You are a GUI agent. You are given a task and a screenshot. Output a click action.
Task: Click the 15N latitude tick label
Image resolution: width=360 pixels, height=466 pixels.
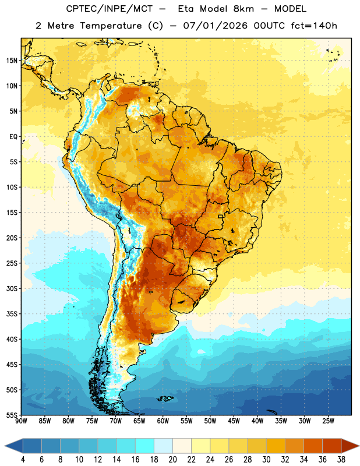[x=12, y=61]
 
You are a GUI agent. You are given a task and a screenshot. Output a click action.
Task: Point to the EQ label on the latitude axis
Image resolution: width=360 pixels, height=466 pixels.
[x=13, y=137]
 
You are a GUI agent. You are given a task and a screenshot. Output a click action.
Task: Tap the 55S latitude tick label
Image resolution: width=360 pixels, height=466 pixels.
[x=12, y=415]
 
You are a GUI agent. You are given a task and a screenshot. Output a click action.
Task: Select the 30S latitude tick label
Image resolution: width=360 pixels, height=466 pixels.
[x=12, y=288]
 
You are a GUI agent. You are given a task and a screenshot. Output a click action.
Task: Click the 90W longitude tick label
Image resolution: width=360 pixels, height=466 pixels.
[x=22, y=421]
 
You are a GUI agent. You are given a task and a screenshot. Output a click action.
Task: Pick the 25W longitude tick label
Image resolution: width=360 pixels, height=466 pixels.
[x=328, y=421]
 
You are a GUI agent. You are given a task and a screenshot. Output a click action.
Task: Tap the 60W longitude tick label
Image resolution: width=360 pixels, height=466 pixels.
[x=163, y=421]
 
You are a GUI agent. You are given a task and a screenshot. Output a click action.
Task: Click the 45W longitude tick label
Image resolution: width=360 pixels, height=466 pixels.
[x=234, y=421]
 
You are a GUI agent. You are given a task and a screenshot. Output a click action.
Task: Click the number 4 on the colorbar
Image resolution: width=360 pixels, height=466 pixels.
[x=23, y=460]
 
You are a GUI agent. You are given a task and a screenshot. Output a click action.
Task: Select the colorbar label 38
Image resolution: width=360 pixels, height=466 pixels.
[x=341, y=460]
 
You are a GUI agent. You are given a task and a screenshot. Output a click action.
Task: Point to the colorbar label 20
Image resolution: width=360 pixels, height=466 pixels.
[x=172, y=460]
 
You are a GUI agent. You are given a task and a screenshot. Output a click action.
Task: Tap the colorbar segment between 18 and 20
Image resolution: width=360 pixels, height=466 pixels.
[x=164, y=446]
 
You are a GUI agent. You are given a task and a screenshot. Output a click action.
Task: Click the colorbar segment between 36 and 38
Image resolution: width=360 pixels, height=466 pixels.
[x=332, y=446]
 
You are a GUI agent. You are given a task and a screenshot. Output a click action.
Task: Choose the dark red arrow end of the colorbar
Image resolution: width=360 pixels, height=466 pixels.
[x=350, y=446]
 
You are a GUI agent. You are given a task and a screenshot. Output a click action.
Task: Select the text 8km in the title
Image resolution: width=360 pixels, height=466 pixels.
[x=243, y=9]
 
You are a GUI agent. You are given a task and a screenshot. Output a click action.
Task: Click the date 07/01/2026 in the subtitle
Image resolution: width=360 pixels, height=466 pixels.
[x=215, y=26]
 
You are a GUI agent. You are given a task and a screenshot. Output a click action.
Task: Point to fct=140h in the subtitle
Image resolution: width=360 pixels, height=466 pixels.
[x=314, y=26]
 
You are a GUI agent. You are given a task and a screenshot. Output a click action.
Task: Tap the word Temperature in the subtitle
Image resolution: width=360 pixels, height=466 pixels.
[x=111, y=26]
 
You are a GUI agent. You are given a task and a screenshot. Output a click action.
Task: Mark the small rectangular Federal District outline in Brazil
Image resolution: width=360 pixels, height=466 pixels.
[x=221, y=216]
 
